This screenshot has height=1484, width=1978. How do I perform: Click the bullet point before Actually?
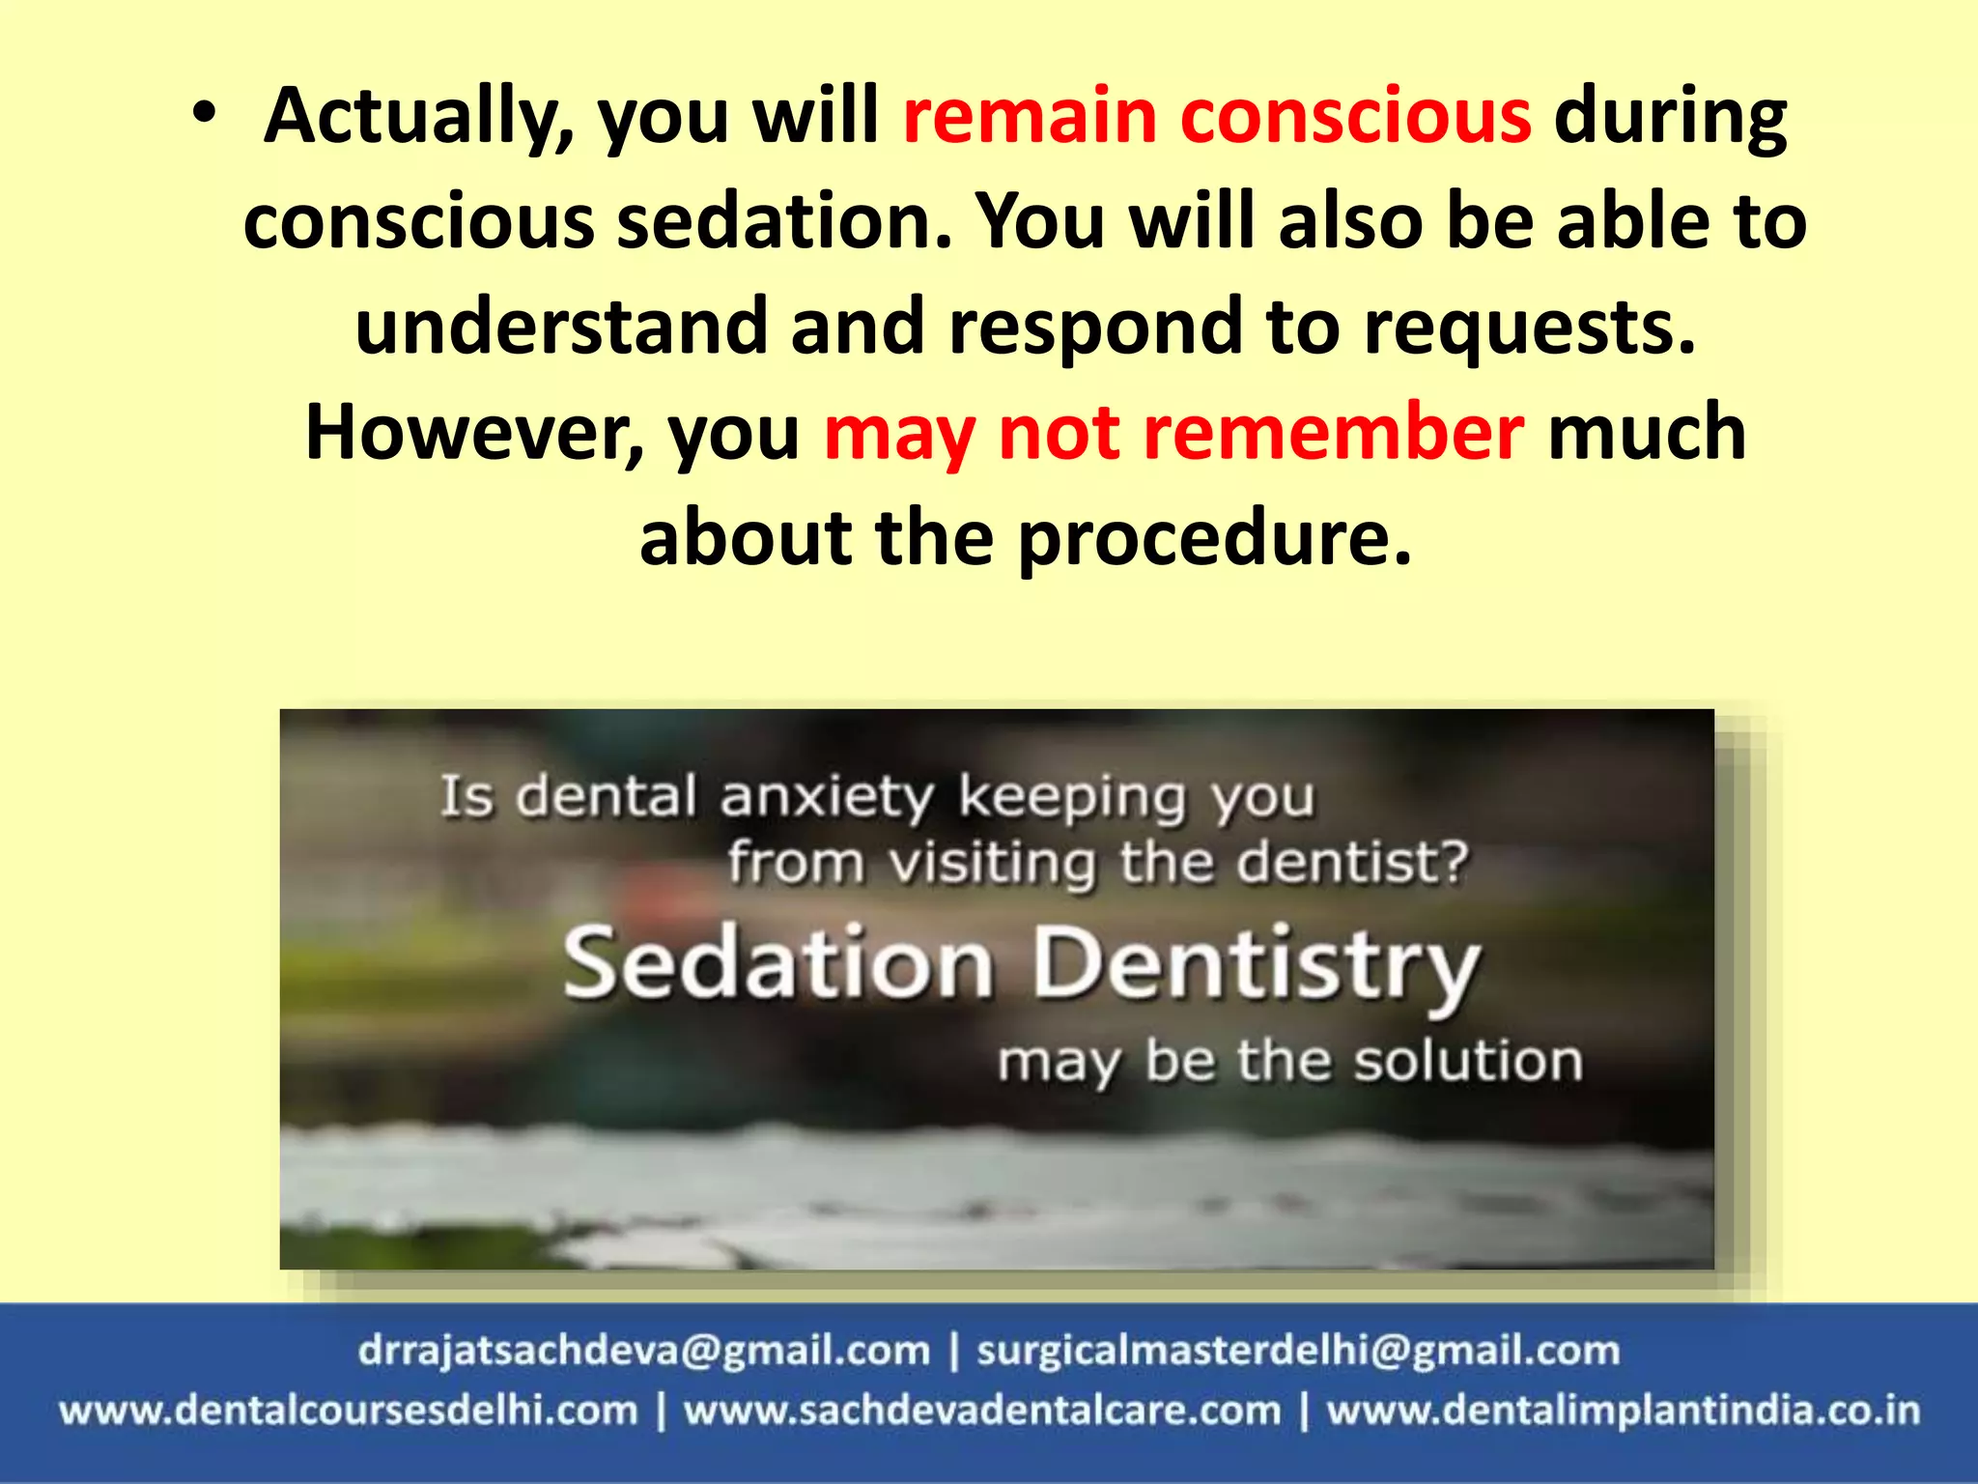coord(204,114)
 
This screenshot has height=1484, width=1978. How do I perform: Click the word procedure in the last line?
coord(1214,538)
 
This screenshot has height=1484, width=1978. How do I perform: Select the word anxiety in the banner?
coord(827,798)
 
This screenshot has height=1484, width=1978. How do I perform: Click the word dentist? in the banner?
coord(1352,862)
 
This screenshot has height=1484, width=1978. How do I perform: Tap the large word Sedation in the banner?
coord(778,963)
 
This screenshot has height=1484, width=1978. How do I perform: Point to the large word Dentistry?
coord(1256,966)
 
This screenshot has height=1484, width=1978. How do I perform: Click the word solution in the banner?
coord(1467,1061)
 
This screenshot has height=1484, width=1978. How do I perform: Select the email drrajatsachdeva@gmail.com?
coord(644,1350)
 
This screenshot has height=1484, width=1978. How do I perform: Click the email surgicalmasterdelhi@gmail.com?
coord(1298,1350)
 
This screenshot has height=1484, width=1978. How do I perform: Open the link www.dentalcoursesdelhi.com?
coord(349,1411)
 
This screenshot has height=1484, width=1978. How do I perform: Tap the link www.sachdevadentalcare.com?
coord(982,1411)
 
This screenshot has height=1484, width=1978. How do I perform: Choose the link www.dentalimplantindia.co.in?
coord(1624,1411)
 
